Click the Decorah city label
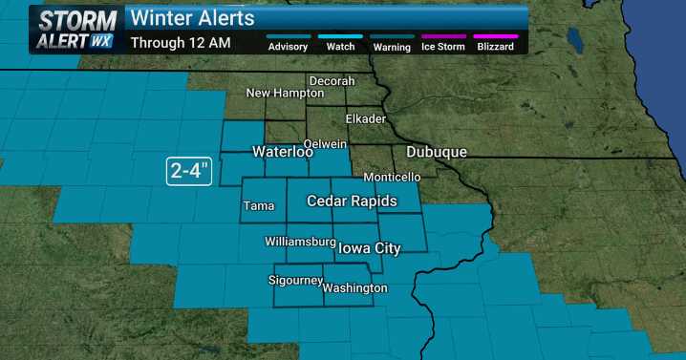click(332, 81)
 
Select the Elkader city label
click(366, 119)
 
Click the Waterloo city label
click(283, 153)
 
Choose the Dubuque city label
click(437, 153)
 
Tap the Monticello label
click(392, 178)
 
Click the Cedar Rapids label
click(347, 201)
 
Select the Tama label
click(258, 205)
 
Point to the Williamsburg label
click(300, 242)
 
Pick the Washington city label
click(354, 288)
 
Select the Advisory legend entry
click(288, 46)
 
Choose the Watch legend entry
click(341, 46)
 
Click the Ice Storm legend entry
click(444, 46)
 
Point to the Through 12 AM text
click(180, 42)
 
